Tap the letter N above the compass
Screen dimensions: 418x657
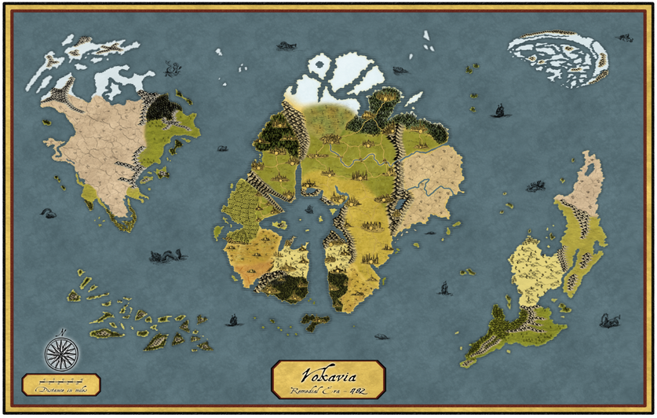click(61, 330)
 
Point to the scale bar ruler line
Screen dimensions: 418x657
click(60, 381)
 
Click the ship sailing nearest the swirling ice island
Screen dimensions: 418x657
click(498, 111)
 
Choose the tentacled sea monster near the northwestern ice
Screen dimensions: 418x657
click(170, 71)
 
